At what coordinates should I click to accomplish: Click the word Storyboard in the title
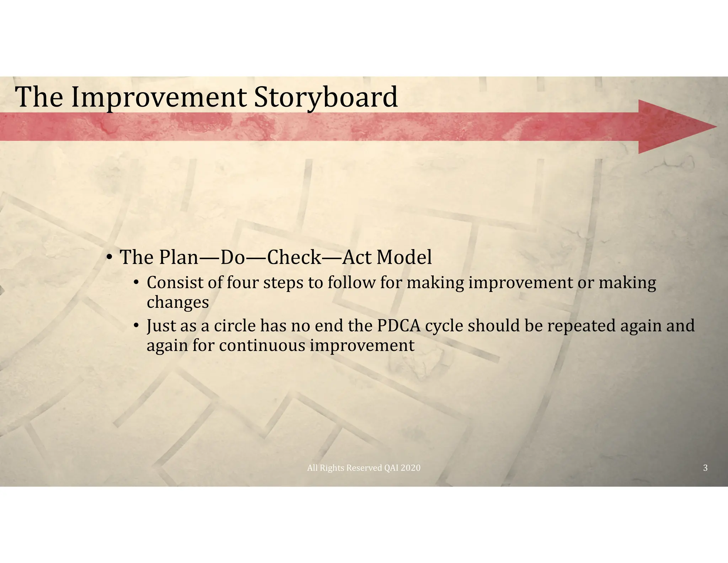[x=326, y=98]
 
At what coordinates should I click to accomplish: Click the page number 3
[x=705, y=468]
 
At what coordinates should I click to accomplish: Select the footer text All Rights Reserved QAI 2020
[x=364, y=468]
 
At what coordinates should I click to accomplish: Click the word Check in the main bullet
[x=294, y=257]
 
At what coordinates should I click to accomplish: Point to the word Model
[x=404, y=257]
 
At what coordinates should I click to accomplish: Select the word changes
[x=178, y=302]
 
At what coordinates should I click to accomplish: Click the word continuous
[x=262, y=346]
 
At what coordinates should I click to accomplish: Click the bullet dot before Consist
[x=136, y=283]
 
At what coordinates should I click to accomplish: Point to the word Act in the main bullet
[x=357, y=257]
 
